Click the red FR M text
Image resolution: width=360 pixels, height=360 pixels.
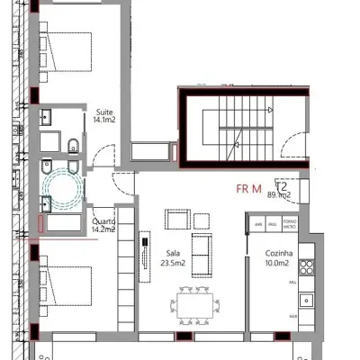click(x=248, y=189)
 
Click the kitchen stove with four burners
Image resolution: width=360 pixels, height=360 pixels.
click(x=307, y=266)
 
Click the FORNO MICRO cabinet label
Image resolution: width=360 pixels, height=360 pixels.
click(x=290, y=224)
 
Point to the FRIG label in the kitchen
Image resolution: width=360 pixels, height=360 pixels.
click(x=274, y=224)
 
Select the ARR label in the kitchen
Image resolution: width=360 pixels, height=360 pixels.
click(x=258, y=224)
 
